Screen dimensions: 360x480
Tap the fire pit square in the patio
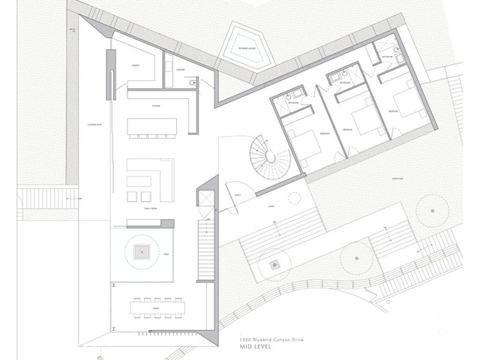[142, 253]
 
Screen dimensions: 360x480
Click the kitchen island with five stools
[151, 125]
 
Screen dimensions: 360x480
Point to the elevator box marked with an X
[203, 199]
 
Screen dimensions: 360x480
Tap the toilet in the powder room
[193, 82]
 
